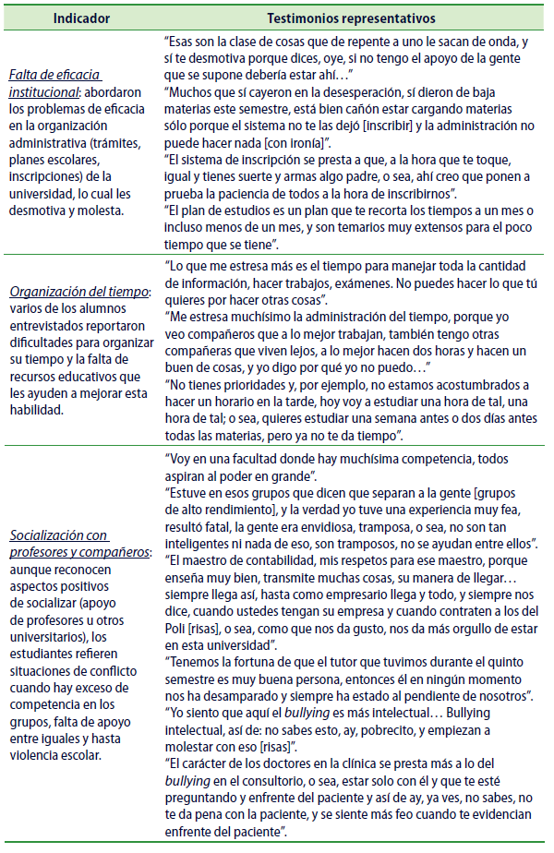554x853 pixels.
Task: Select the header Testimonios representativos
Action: click(x=351, y=18)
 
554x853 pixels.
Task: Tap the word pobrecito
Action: click(x=349, y=728)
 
